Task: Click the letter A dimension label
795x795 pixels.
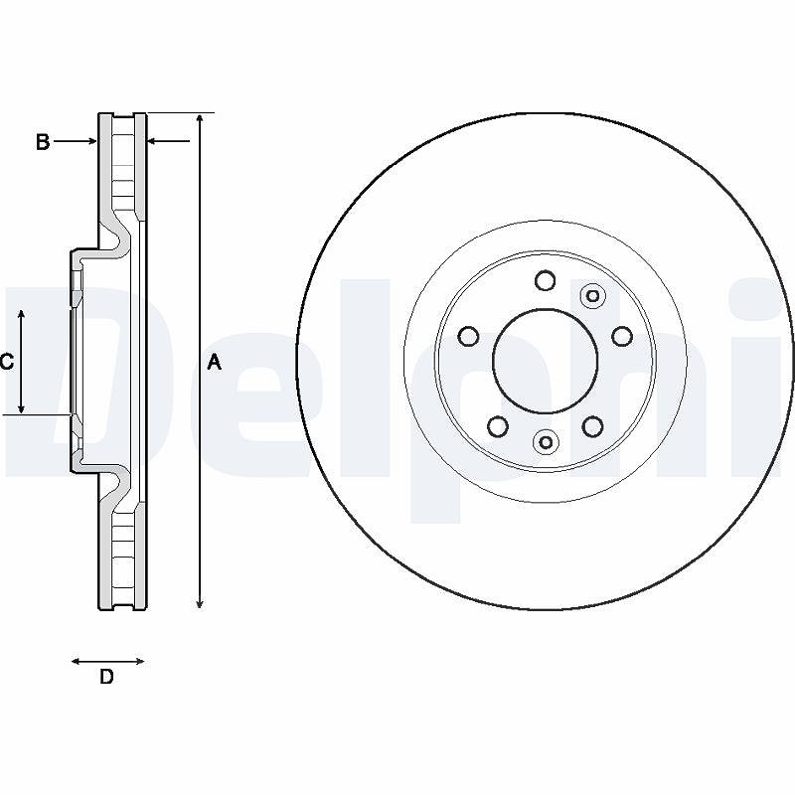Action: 215,362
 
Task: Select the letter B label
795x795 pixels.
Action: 43,141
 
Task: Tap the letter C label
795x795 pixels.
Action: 7,362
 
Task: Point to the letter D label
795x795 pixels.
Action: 106,677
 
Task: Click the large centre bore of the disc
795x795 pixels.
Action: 545,361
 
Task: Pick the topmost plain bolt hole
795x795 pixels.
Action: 546,280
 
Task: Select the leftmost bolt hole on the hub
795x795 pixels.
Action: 468,336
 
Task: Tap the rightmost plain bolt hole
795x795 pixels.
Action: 622,336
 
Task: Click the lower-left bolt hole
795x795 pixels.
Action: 498,426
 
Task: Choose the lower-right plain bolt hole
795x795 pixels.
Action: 592,426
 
